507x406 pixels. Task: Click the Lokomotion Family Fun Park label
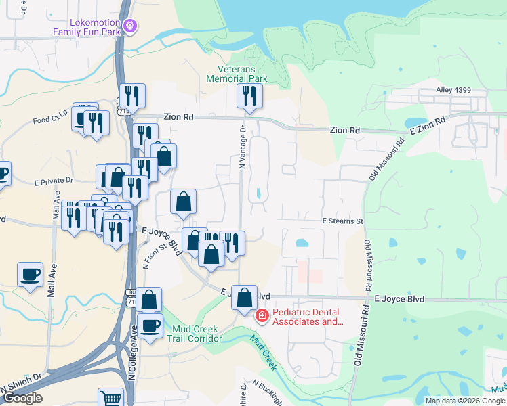coord(85,26)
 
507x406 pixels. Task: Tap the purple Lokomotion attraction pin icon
coord(131,26)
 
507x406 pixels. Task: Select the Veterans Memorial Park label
coord(243,74)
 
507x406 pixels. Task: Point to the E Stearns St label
coord(342,221)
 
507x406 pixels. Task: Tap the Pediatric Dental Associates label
coord(308,317)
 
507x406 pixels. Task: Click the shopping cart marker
coord(110,398)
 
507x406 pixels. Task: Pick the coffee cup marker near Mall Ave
coord(30,274)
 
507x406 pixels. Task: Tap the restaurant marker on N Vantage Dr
coord(249,96)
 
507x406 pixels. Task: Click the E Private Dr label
coord(53,181)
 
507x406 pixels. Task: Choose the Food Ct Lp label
coord(50,120)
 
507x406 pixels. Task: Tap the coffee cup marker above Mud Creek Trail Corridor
coord(150,325)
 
